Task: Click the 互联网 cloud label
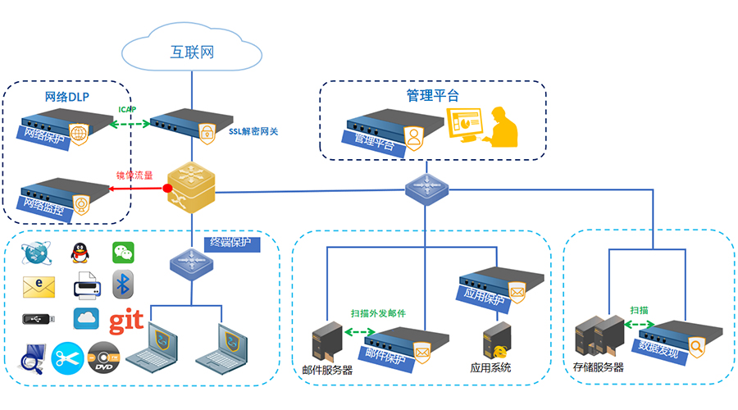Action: tap(192, 53)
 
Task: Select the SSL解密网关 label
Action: tap(257, 130)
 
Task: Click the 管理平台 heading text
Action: tap(432, 95)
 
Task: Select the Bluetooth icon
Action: tap(123, 285)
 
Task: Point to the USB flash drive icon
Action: tap(39, 319)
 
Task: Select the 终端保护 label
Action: tap(232, 243)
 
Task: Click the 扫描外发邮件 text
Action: tap(378, 313)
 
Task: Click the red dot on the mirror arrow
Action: tap(167, 189)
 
